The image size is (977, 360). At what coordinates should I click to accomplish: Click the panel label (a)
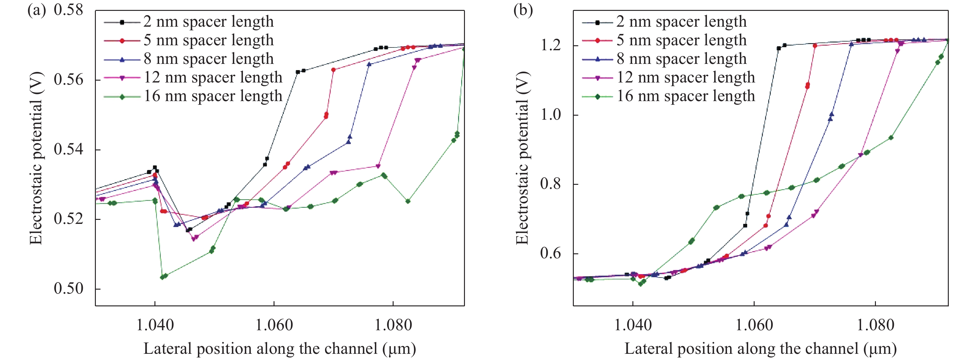click(37, 10)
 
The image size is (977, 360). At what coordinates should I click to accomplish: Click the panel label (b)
click(523, 10)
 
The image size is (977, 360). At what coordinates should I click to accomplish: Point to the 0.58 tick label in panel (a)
click(68, 10)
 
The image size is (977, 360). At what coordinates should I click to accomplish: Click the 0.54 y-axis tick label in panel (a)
click(68, 149)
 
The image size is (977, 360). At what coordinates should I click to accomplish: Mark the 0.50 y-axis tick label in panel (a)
click(68, 289)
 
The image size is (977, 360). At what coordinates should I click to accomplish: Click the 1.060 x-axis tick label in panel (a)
click(274, 325)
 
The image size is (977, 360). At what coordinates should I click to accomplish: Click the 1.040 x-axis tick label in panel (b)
click(633, 325)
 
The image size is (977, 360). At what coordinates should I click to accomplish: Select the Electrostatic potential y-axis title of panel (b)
click(522, 158)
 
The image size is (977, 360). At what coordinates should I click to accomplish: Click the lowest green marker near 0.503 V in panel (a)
click(163, 277)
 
